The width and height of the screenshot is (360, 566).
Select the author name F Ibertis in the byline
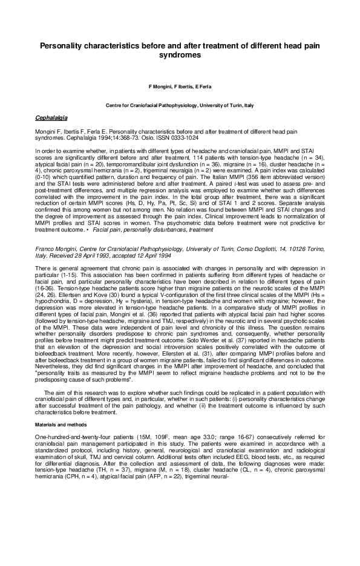point(179,87)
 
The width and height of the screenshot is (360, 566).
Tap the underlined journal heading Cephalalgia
point(51,117)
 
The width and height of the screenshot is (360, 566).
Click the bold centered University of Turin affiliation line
point(179,105)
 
